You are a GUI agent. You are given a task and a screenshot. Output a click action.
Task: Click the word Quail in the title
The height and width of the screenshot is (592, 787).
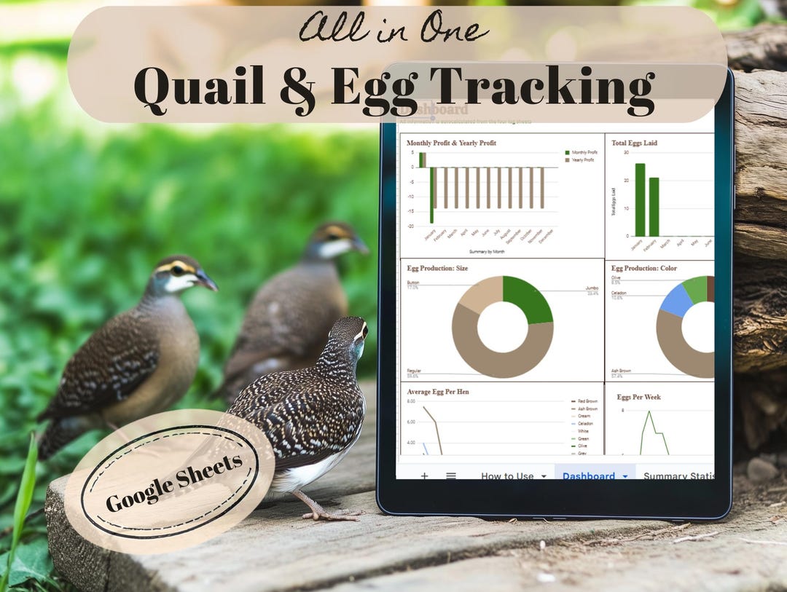click(199, 87)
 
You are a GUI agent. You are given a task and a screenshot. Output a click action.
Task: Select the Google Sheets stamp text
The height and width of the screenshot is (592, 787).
click(173, 483)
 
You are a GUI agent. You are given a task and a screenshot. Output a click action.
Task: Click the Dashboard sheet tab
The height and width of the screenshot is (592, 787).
click(588, 476)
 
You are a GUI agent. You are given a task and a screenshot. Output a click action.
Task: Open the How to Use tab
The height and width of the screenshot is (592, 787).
click(507, 476)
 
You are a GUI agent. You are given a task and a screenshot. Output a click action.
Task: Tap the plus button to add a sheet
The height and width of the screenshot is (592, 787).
click(424, 476)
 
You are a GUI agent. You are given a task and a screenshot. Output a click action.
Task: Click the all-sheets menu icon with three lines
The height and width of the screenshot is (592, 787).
click(451, 476)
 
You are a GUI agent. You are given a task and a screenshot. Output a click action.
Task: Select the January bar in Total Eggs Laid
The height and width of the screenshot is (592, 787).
click(640, 200)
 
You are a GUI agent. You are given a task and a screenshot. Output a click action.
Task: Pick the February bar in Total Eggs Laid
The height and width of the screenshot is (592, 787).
click(654, 207)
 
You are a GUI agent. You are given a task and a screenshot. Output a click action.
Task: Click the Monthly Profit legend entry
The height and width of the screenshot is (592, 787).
click(584, 152)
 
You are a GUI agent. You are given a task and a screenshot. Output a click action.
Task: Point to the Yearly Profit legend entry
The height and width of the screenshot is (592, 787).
click(584, 159)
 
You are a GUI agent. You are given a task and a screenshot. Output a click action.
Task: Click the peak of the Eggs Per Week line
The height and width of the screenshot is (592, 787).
click(647, 411)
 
